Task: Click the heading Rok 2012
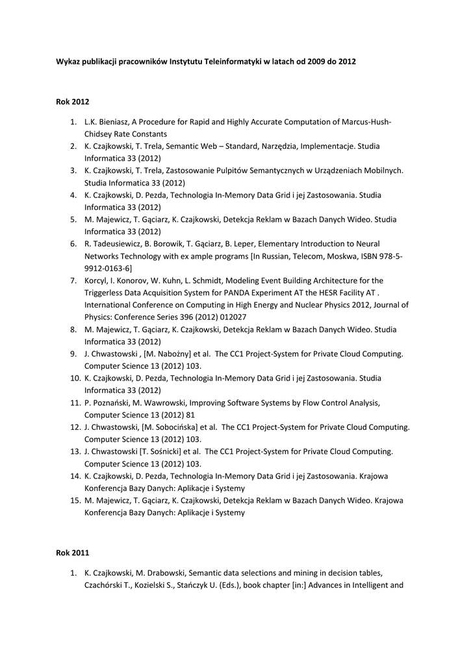click(71, 102)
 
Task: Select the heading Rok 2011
click(71, 553)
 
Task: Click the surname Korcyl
click(98, 280)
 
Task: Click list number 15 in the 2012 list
click(73, 500)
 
